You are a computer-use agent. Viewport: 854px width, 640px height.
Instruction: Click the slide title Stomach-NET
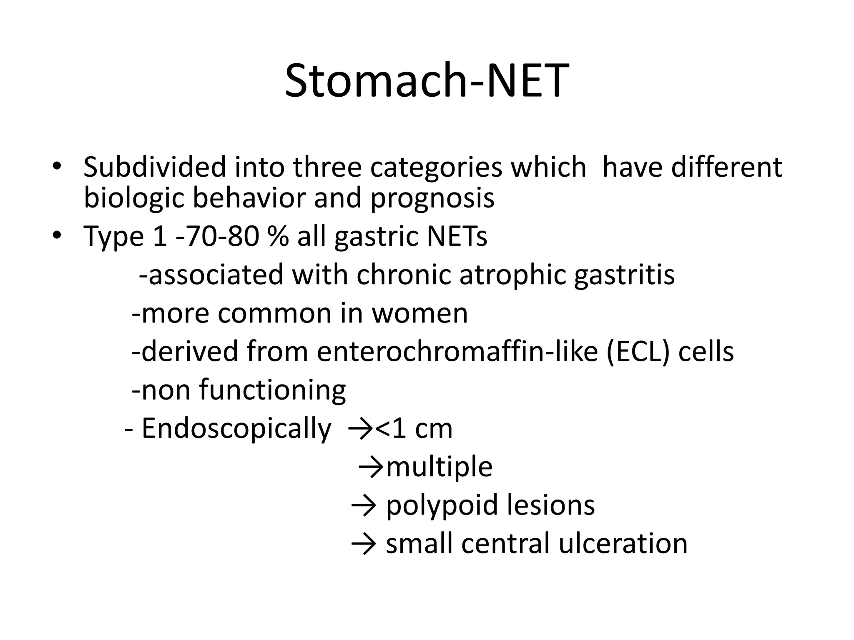(427, 81)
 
